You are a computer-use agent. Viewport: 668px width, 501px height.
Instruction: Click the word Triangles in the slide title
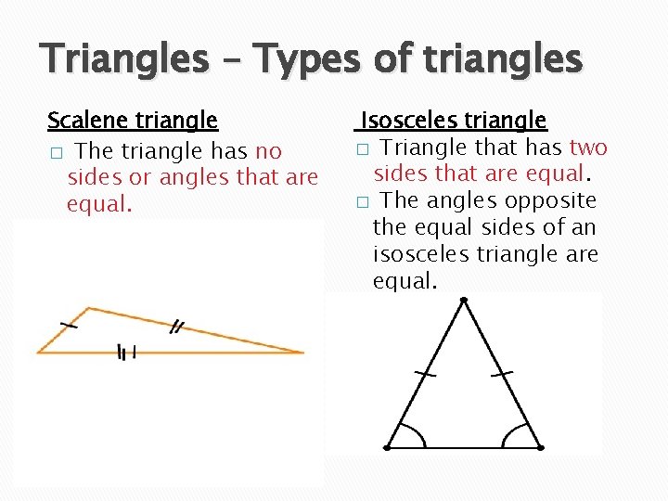pyautogui.click(x=125, y=60)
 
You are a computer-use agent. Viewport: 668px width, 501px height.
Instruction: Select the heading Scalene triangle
pyautogui.click(x=133, y=121)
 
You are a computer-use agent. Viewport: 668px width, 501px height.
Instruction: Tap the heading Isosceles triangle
pyautogui.click(x=454, y=121)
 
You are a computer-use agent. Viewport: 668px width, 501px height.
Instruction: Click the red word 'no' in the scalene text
pyautogui.click(x=268, y=150)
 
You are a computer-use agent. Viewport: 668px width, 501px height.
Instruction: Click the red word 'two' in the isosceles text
pyautogui.click(x=588, y=148)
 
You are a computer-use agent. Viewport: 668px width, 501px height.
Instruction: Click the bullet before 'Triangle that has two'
pyautogui.click(x=363, y=149)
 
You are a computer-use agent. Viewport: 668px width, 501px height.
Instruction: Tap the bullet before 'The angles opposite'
pyautogui.click(x=363, y=201)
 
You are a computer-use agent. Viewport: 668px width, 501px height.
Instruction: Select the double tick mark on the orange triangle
pyautogui.click(x=176, y=326)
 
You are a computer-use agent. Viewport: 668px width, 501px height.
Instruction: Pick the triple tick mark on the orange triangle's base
pyautogui.click(x=127, y=352)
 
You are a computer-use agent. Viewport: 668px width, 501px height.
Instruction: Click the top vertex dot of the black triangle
pyautogui.click(x=463, y=300)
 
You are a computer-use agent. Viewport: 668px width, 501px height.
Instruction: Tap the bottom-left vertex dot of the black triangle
pyautogui.click(x=388, y=447)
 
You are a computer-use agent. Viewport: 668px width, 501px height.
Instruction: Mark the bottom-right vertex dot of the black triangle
pyautogui.click(x=541, y=447)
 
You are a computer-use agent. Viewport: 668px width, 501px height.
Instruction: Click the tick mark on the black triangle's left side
pyautogui.click(x=426, y=374)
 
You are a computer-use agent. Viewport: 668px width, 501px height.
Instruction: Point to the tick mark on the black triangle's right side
pyautogui.click(x=502, y=374)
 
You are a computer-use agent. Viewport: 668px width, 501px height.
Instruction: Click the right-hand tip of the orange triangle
pyautogui.click(x=302, y=352)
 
